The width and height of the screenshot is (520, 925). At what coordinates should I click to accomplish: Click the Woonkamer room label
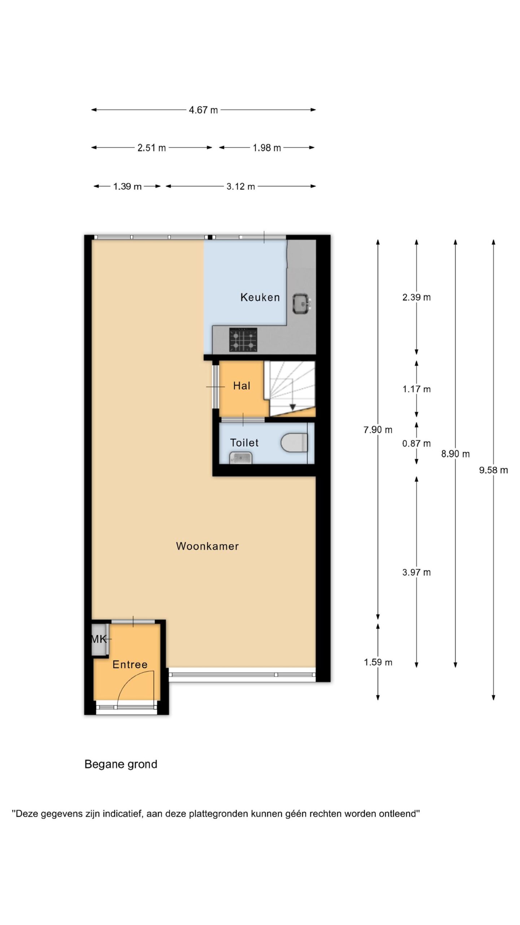coord(207,546)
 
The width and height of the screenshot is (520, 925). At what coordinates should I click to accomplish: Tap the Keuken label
coord(260,297)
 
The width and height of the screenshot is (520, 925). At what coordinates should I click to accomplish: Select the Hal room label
coord(242,386)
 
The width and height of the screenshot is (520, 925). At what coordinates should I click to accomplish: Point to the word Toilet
coord(244,443)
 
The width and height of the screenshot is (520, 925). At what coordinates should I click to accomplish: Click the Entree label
coord(130,664)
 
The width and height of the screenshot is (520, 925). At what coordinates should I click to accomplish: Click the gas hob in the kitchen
coord(243,340)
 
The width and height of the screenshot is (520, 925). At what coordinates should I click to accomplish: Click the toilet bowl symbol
coord(294,443)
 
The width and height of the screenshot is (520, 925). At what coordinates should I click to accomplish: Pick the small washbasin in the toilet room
coord(240,458)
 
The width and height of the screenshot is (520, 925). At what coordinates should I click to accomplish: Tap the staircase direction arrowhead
coord(292,407)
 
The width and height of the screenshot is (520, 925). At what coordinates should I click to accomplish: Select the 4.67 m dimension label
coord(203,110)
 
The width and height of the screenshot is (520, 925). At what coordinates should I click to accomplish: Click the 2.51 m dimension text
coord(152,147)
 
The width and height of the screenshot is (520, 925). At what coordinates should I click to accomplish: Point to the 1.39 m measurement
coord(127,186)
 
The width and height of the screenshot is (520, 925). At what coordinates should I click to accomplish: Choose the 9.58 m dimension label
coord(493,470)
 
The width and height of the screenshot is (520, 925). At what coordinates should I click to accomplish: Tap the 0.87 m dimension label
coord(416,443)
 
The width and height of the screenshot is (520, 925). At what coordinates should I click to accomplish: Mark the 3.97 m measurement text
coord(416,572)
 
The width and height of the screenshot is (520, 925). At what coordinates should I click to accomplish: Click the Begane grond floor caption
coord(121,764)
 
